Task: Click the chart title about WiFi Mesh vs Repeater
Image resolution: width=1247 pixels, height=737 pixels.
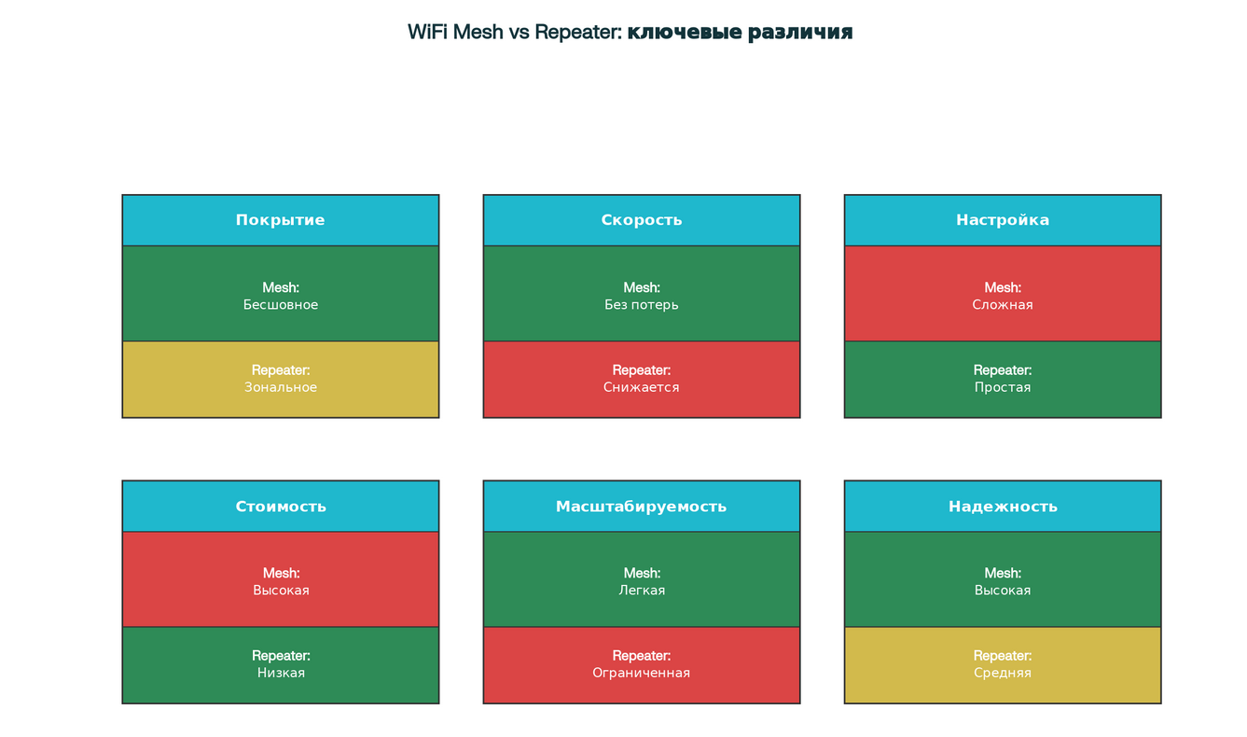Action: coord(630,33)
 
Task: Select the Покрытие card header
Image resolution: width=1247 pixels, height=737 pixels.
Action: coord(280,220)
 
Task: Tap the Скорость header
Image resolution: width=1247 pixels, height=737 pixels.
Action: coord(641,220)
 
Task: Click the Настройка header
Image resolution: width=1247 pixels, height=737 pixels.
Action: coord(1002,220)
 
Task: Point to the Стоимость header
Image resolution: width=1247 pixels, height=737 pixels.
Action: coord(280,507)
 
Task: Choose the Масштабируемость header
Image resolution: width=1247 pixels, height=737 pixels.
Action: coord(641,507)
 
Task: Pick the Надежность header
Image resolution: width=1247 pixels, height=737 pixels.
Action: coord(1002,507)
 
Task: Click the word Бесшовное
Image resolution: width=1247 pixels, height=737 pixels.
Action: coord(280,305)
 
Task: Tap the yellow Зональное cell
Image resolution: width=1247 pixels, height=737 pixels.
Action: coord(280,380)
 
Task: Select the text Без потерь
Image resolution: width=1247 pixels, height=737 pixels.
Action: coord(641,305)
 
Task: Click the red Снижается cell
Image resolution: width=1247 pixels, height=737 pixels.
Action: coord(641,380)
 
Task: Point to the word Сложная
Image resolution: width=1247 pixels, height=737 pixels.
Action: coord(1002,305)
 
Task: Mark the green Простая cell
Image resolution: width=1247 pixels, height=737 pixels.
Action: coord(1002,380)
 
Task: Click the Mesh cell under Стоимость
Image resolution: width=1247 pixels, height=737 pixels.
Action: coord(280,579)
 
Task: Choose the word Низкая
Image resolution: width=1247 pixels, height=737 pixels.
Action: coord(280,673)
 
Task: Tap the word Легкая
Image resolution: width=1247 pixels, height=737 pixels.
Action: coord(641,591)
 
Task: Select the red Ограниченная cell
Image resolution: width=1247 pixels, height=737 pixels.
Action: coord(641,665)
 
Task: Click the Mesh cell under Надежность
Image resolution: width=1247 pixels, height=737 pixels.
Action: coord(1002,579)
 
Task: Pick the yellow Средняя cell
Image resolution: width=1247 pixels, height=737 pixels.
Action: coord(1002,665)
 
